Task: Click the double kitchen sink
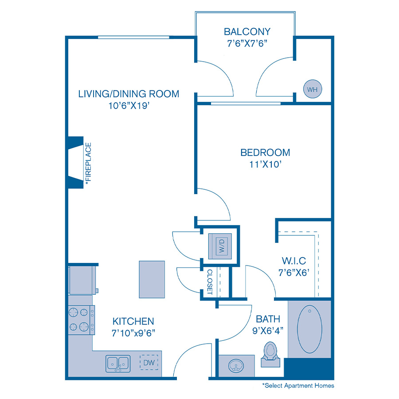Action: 118,364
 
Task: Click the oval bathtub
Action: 309,328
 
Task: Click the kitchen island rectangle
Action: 152,279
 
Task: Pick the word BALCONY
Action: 247,32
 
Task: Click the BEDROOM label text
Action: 265,153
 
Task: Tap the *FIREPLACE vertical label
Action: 88,163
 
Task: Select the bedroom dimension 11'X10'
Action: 265,164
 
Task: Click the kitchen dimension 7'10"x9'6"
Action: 133,332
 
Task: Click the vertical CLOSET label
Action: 210,282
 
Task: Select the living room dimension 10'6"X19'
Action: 129,106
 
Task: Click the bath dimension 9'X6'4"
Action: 268,330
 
